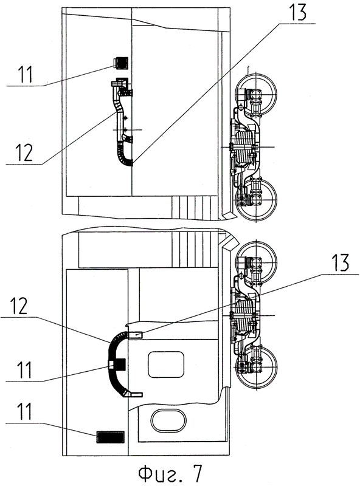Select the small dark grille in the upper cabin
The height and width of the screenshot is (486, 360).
pyautogui.click(x=121, y=63)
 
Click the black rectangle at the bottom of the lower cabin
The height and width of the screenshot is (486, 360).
pyautogui.click(x=110, y=437)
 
